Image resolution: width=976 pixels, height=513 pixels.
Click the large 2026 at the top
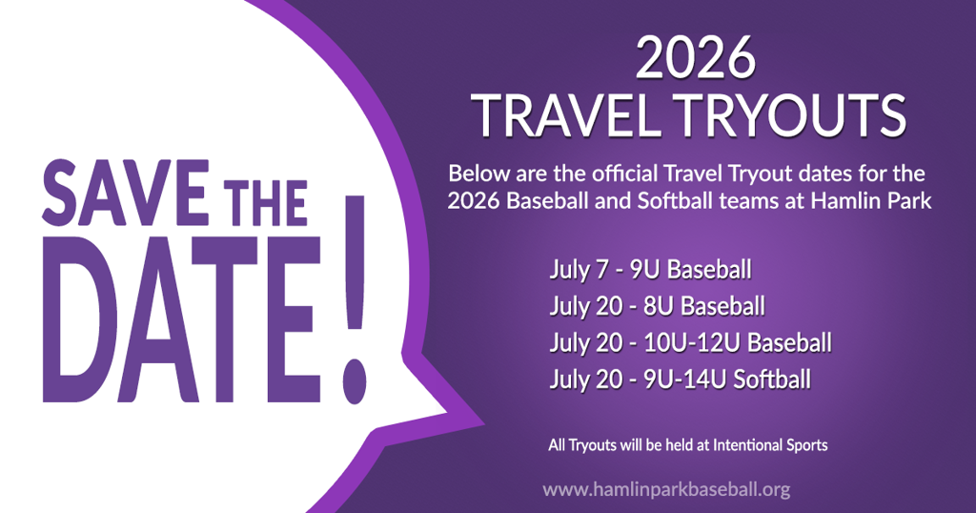(x=695, y=58)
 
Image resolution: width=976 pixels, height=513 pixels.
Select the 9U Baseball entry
(x=690, y=270)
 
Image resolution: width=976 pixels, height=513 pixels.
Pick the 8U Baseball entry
(x=704, y=306)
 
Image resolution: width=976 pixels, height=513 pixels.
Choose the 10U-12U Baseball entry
(x=738, y=343)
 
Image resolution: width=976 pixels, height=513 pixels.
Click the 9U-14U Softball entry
(x=727, y=380)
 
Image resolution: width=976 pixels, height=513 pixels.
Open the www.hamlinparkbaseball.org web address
(x=666, y=489)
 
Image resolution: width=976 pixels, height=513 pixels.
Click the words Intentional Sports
(x=770, y=445)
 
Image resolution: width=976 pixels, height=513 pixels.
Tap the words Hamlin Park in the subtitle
(x=871, y=200)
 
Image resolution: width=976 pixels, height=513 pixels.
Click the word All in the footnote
(x=557, y=445)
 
